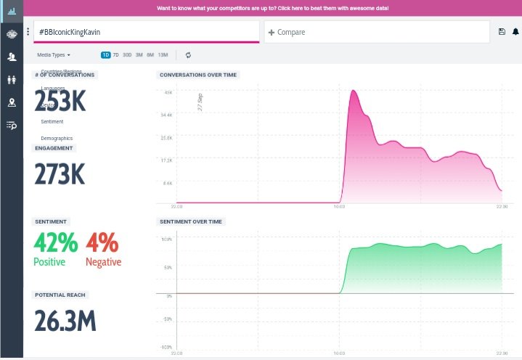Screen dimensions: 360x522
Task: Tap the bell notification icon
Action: coord(515,32)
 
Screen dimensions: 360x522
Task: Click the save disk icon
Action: coord(502,32)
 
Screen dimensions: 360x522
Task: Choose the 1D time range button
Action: coord(106,54)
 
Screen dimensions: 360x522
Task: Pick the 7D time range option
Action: coord(116,54)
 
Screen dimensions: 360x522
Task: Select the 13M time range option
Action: coord(163,54)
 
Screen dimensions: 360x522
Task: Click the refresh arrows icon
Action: coord(188,54)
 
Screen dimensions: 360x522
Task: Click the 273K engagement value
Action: coord(60,174)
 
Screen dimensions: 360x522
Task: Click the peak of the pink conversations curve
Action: coord(354,91)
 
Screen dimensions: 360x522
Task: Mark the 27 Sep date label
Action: coord(200,102)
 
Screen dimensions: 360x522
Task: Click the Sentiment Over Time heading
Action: coord(191,221)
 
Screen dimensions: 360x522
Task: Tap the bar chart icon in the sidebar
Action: coord(12,12)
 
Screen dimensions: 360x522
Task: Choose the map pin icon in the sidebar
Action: coord(12,102)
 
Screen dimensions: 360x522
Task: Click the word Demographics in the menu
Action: coord(57,138)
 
